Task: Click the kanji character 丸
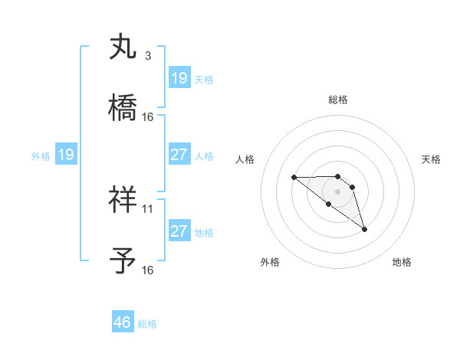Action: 123,47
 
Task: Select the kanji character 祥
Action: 123,199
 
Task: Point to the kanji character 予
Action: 123,260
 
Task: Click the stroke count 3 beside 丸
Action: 147,56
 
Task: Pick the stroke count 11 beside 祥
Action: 148,208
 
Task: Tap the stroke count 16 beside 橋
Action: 148,117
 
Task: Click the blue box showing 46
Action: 123,322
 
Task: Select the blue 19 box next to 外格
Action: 66,155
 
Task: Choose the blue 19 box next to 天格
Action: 179,78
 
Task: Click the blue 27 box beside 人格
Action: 179,155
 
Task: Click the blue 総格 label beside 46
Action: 147,324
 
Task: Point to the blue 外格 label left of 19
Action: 41,156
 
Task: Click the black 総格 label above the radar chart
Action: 338,100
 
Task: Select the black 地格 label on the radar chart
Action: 402,262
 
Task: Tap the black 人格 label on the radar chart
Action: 245,159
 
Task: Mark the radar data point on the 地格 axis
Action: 364,229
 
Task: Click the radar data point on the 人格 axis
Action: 294,178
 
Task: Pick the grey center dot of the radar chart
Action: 338,191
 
